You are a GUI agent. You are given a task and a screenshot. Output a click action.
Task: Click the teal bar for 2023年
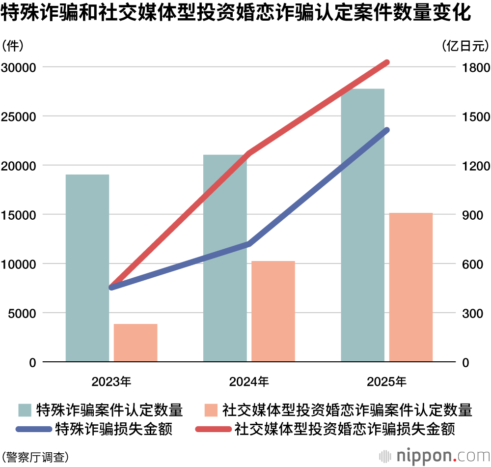(x=87, y=268)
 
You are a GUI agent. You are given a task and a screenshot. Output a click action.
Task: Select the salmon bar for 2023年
(x=136, y=343)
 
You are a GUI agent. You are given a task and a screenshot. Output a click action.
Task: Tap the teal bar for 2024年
(x=225, y=258)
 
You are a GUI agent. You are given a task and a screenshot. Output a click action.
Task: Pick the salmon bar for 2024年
(x=273, y=311)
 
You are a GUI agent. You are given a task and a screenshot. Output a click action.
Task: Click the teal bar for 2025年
(x=362, y=225)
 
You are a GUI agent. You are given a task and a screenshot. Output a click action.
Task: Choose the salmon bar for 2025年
(x=411, y=287)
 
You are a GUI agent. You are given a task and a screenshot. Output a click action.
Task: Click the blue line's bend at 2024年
(x=249, y=244)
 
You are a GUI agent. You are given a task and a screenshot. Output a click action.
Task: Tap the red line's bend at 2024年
(x=249, y=153)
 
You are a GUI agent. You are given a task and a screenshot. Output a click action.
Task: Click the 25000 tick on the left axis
(x=19, y=117)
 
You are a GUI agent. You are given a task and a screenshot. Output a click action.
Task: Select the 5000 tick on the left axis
(x=22, y=313)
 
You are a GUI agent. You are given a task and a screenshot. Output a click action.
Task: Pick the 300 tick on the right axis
(x=472, y=313)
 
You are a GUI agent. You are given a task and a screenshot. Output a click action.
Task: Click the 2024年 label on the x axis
(x=249, y=381)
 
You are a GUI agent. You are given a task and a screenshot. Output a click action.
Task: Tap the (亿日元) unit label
(x=465, y=46)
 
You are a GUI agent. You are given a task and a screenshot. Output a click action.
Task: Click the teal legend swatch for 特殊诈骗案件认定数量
(x=25, y=409)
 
